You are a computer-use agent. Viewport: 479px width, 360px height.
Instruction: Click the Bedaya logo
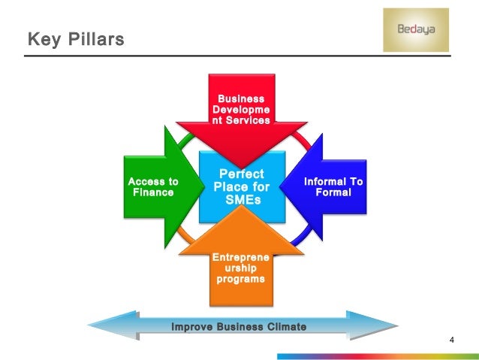coord(415,30)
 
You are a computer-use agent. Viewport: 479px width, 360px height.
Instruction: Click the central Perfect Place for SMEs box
coord(241,187)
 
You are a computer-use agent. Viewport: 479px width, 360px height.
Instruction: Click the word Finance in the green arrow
coord(153,192)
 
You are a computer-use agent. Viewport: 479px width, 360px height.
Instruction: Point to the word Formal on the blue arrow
coord(333,192)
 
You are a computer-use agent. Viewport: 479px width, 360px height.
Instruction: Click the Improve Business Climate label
coord(239,326)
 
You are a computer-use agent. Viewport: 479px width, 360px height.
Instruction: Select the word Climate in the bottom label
coord(282,326)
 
